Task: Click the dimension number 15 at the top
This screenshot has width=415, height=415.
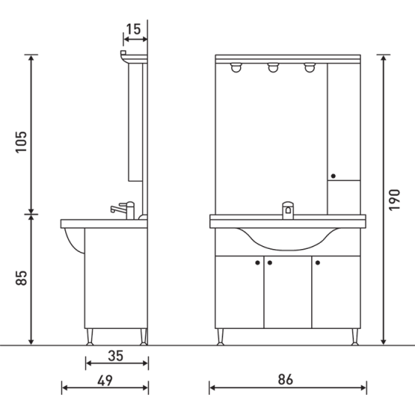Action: (133, 30)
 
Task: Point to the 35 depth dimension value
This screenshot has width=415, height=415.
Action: (115, 355)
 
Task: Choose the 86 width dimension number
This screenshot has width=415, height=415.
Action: (287, 379)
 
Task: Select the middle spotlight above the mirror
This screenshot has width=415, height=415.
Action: (273, 69)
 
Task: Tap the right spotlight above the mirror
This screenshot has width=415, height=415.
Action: (309, 69)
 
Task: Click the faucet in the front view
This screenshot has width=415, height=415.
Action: (288, 209)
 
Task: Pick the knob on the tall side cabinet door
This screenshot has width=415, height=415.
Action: (333, 176)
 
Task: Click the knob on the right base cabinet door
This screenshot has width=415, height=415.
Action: (316, 262)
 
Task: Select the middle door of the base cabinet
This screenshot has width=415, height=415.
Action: (288, 293)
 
